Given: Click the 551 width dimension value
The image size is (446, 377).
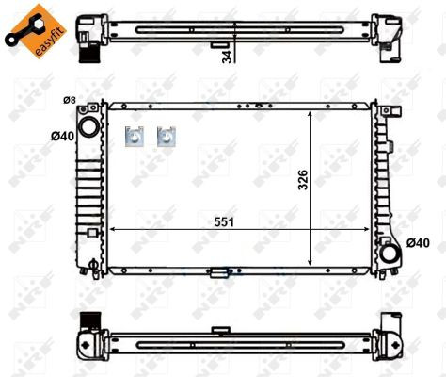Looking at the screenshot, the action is click(224, 222).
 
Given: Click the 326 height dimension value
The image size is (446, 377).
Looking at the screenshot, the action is click(303, 180).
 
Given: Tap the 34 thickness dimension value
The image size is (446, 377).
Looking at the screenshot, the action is click(227, 57).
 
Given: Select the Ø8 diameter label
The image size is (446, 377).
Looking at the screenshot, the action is click(70, 100).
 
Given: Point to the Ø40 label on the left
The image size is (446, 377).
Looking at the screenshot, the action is click(63, 137).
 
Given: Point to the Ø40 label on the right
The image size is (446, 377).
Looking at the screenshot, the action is click(418, 243).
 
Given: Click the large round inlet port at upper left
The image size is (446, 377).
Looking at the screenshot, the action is click(88, 126).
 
